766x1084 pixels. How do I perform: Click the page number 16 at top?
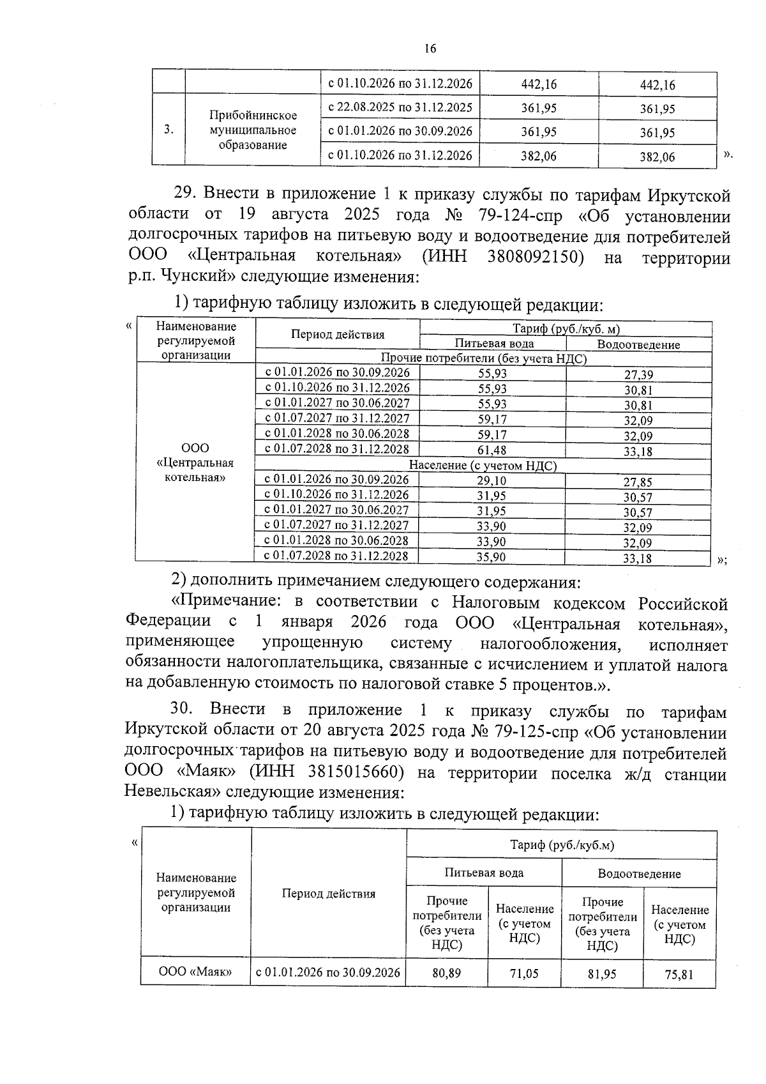tap(430, 49)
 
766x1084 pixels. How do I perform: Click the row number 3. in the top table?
tap(168, 130)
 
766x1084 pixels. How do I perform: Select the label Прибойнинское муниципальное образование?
tap(253, 130)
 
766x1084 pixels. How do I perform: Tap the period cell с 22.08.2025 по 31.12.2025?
tap(400, 107)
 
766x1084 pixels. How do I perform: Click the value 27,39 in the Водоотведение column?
tap(638, 375)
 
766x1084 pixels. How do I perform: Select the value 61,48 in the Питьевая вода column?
tap(492, 451)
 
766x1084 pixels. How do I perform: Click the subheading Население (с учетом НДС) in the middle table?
tap(483, 466)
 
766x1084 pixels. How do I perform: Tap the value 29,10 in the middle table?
tap(492, 480)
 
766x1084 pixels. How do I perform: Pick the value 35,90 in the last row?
tap(492, 557)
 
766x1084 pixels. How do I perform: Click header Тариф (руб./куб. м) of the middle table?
tap(566, 329)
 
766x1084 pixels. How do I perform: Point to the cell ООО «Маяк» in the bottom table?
tap(195, 972)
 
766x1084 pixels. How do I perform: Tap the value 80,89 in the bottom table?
tap(447, 973)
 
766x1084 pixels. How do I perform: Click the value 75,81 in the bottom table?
tap(679, 975)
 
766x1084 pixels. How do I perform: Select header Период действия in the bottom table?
tap(329, 894)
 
